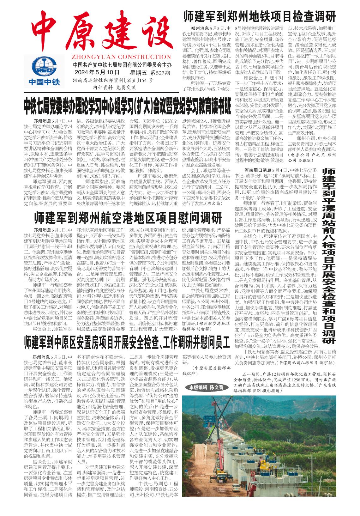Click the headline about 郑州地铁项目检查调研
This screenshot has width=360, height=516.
pos(259,16)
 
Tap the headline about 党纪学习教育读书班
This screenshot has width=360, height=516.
pos(127,107)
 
